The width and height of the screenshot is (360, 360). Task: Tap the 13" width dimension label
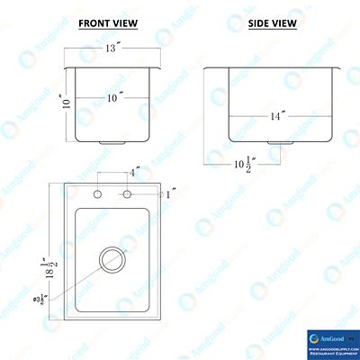point(112,49)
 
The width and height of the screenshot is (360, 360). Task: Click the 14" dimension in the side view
point(276,116)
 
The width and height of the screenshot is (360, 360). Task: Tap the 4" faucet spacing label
point(134,172)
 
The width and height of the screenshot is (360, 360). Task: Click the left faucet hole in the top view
point(98,194)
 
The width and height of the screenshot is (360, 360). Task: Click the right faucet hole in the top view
point(128,194)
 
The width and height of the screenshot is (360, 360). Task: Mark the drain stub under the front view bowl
point(112,143)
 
